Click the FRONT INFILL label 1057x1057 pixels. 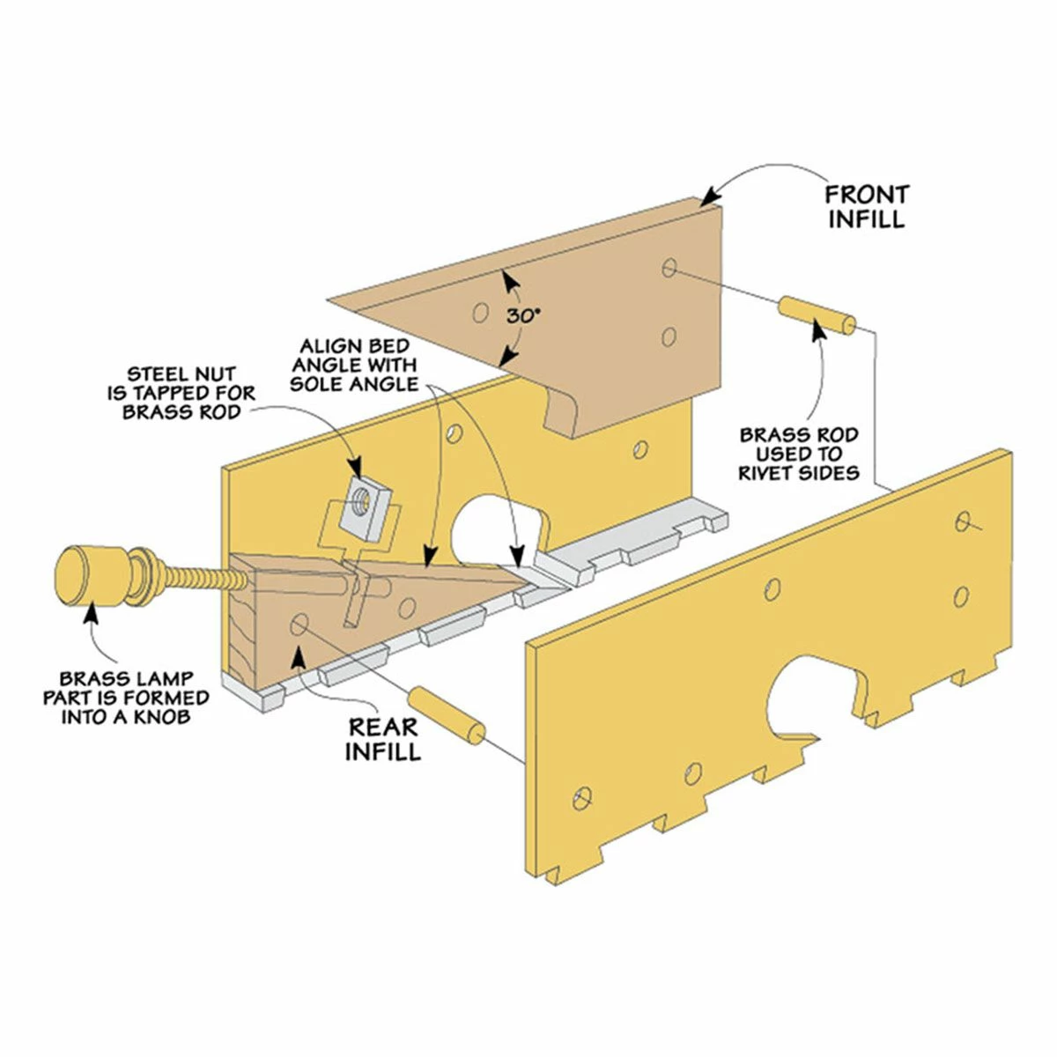[868, 207]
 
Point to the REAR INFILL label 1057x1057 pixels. [383, 738]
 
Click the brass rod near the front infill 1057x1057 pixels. [817, 314]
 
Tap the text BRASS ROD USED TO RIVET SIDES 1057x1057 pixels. [799, 455]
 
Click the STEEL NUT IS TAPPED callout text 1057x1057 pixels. [181, 393]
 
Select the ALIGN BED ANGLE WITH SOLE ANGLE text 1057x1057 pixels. [354, 365]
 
